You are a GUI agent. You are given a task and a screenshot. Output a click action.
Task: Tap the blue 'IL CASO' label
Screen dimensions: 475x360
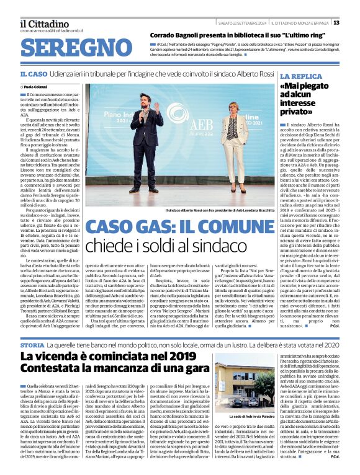[x=32, y=74]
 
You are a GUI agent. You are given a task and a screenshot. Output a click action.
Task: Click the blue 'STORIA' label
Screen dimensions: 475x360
[x=32, y=344]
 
